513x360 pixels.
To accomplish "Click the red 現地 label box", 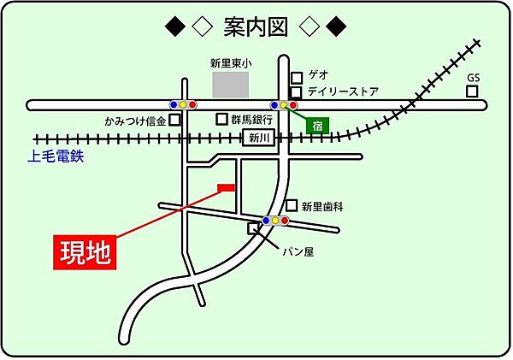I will (x=86, y=253).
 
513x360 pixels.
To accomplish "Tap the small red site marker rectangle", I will (x=227, y=187).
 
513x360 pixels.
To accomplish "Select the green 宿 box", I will (x=316, y=125).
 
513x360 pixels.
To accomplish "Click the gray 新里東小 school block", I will (x=230, y=85).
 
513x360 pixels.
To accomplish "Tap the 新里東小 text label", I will (x=231, y=62).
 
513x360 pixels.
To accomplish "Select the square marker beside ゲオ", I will (x=296, y=76).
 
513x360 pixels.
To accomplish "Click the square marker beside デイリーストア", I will (x=296, y=91).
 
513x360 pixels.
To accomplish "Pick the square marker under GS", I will (x=473, y=90).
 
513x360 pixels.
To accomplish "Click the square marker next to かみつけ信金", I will (x=175, y=121).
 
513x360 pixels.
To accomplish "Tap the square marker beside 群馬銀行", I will (x=222, y=121).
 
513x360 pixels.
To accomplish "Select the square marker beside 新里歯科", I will (x=292, y=205).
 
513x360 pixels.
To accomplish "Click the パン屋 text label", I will (x=298, y=252).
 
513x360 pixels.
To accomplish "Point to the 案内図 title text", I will (x=256, y=27).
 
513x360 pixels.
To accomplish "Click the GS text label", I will (x=474, y=76).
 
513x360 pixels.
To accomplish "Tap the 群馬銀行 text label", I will (x=251, y=121).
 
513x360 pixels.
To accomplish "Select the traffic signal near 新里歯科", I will (x=275, y=221).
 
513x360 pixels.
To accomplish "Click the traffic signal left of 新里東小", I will (x=183, y=104).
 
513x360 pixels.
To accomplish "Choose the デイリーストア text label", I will (x=342, y=91).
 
